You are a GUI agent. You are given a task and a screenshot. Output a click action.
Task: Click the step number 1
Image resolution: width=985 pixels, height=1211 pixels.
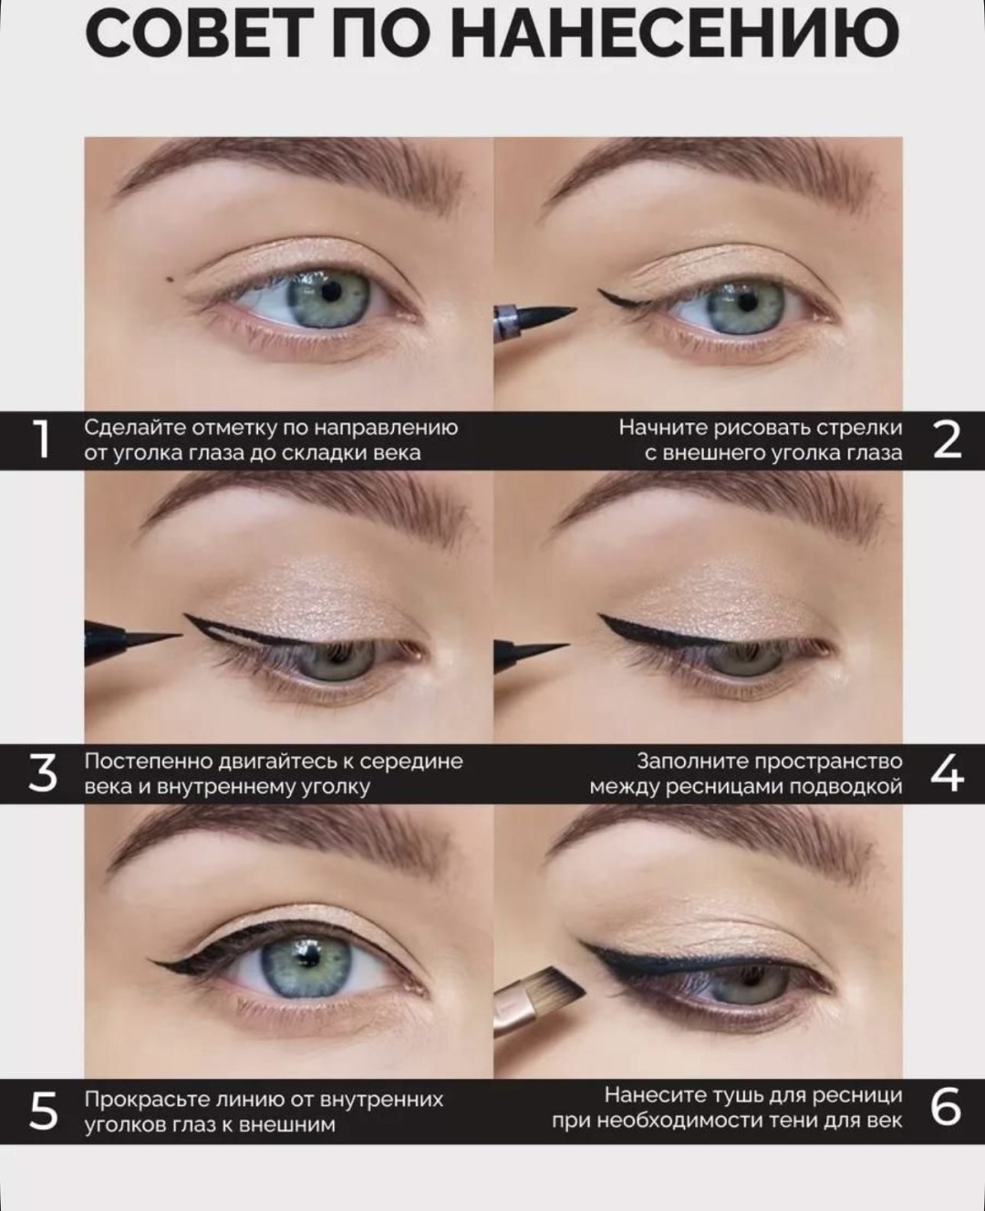(42, 440)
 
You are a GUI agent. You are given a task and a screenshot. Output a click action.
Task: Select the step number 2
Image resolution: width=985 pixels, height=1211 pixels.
(947, 440)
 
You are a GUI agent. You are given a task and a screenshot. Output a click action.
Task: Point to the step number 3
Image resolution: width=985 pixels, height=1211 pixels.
(43, 774)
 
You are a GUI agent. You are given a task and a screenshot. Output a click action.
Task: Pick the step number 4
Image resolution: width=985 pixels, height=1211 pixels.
(947, 774)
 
